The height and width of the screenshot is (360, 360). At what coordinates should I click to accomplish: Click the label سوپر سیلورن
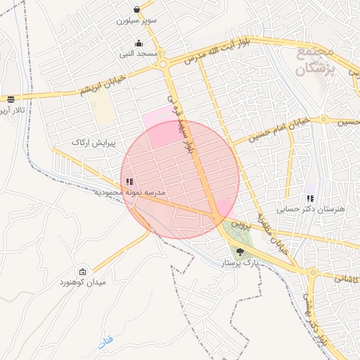tap(137, 21)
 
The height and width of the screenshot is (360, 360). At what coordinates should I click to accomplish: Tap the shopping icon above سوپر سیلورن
tap(136, 10)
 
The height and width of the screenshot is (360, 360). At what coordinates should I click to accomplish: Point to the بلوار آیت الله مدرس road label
tap(210, 52)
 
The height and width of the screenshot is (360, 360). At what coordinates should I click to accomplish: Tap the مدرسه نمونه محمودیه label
tap(129, 192)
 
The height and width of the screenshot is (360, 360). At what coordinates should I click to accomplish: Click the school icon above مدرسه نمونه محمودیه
tap(128, 181)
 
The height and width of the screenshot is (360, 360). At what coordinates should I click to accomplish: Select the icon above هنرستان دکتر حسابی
tap(311, 198)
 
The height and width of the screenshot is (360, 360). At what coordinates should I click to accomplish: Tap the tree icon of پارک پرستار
tap(240, 251)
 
